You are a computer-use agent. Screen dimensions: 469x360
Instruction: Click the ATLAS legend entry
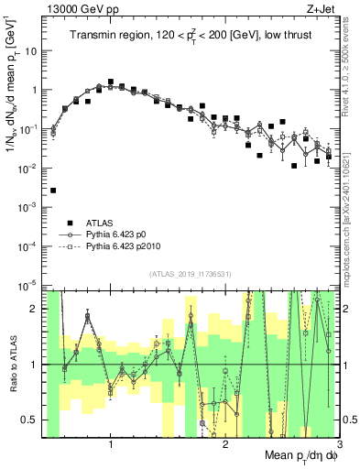coord(92,223)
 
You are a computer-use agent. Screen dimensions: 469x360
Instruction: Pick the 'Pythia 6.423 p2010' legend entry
coord(124,247)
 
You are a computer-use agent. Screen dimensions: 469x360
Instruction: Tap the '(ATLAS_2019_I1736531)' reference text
coord(189,274)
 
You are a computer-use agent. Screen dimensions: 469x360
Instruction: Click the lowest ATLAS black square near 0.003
coord(53,191)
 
